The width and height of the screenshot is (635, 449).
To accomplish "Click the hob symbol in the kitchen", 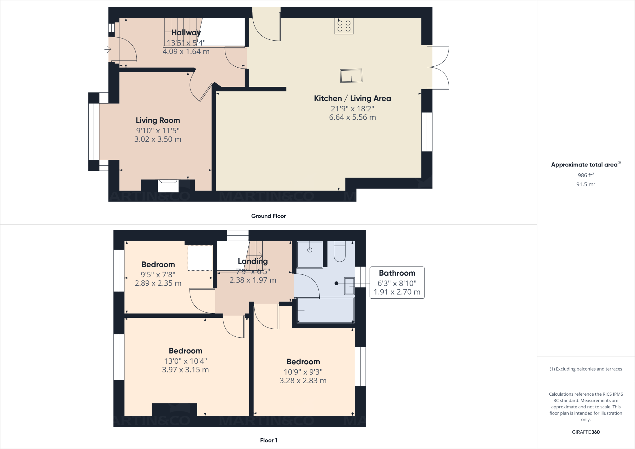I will pos(344,26).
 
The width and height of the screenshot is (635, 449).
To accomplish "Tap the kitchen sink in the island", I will pos(351,76).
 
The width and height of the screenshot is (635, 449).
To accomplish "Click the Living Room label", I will pos(158,120).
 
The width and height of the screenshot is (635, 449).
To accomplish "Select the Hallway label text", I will pos(186,33).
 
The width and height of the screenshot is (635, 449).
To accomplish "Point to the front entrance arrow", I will pos(108,49).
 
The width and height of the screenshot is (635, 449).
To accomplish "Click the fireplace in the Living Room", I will pos(168,185).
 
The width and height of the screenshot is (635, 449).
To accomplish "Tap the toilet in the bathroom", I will pos(340,252).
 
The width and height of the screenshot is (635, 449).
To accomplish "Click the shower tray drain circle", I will pos(310,250).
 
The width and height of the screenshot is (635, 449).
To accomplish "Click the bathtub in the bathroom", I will pos(326,310).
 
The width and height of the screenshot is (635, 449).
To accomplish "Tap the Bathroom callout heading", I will pos(397,273).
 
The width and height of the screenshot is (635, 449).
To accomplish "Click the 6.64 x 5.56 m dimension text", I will pos(352,118).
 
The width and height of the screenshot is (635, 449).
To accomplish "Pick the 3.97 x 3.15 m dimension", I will pos(185,370).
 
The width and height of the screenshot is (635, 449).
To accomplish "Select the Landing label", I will pos(253,261).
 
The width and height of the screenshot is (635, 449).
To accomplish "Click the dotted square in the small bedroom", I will pos(200,258).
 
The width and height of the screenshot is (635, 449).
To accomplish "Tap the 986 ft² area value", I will pos(586,175).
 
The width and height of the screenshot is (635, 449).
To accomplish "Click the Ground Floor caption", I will pos(269,216).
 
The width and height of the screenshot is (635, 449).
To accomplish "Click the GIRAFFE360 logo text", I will pos(586,432).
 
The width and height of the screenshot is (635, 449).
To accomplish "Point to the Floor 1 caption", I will pos(269,440).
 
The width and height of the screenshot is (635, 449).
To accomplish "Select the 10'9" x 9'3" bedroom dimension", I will pos(303,372).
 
